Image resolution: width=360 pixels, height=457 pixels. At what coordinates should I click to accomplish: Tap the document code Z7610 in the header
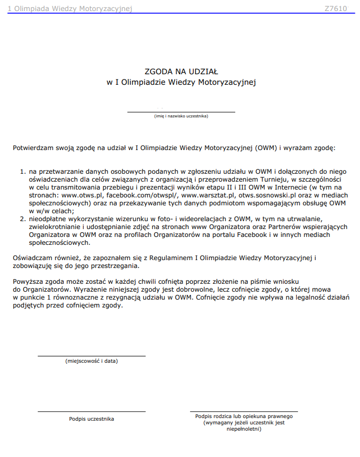[335, 8]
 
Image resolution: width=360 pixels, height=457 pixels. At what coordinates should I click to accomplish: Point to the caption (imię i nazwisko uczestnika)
[181, 116]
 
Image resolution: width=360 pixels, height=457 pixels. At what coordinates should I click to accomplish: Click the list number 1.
[23, 172]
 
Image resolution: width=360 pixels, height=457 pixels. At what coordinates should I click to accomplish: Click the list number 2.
[23, 218]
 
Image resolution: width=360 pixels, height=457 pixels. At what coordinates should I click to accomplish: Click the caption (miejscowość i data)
[91, 361]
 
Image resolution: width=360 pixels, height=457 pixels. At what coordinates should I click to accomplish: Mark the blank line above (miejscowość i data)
[91, 356]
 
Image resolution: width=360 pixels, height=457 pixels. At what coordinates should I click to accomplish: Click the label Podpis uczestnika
[91, 419]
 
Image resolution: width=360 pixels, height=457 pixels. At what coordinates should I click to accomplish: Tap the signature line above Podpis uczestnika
[91, 411]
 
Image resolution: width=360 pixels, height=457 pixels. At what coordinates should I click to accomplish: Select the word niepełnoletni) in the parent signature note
[244, 429]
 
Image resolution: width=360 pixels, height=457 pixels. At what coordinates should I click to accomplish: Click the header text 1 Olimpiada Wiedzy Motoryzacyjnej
[69, 8]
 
